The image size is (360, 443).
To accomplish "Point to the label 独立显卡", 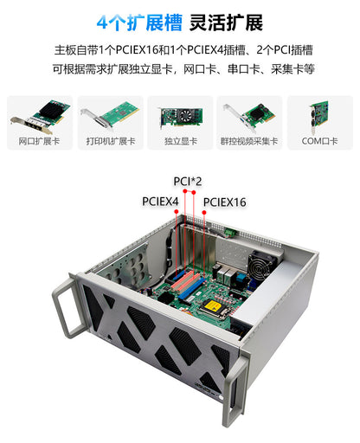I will pyautogui.click(x=180, y=140).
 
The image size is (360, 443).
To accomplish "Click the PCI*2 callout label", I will pyautogui.click(x=188, y=181).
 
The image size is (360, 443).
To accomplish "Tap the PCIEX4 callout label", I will pyautogui.click(x=160, y=201).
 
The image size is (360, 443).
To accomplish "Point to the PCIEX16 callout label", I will pyautogui.click(x=225, y=202).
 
